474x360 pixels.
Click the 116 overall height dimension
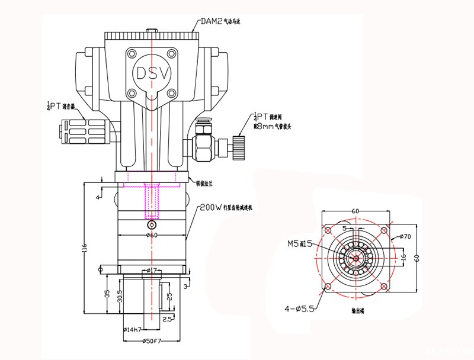coord(85,246)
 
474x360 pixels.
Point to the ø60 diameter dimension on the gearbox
coord(152,236)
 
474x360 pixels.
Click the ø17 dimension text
coord(152,271)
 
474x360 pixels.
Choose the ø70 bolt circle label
coord(405,237)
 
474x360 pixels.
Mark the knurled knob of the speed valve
coord(239,144)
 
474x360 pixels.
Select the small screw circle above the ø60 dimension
coord(152,226)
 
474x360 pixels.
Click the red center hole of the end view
coord(354,257)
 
